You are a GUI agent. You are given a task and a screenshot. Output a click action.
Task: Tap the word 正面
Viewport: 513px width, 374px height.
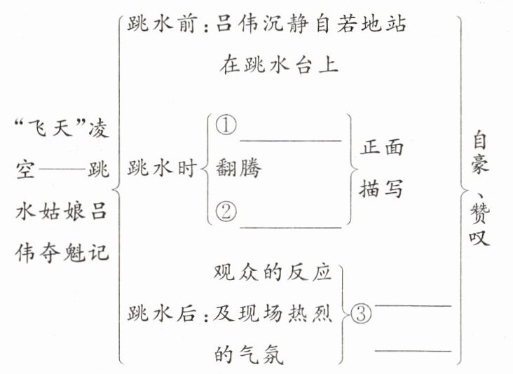tap(383, 148)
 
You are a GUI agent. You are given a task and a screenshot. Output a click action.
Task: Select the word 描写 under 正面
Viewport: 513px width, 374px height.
tap(383, 188)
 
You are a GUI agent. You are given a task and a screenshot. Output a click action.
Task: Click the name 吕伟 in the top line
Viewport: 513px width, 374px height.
tap(235, 25)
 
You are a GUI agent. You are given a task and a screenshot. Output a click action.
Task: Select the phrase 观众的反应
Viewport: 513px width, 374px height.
tap(271, 273)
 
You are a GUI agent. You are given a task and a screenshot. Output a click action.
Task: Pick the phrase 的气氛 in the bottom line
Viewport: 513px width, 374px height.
tap(247, 355)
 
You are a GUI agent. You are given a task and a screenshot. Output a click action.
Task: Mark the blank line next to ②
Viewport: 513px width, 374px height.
tap(290, 226)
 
